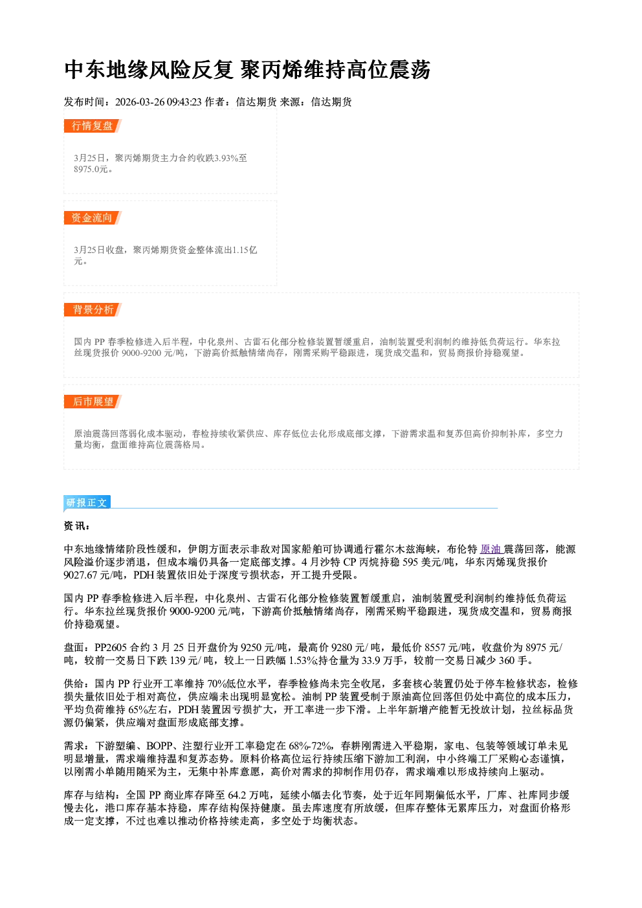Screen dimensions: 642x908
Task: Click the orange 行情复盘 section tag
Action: [x=93, y=126]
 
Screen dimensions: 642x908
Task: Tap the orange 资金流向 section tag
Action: [x=93, y=217]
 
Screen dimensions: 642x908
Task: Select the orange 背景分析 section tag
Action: [x=93, y=310]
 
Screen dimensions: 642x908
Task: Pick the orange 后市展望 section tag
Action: [x=93, y=402]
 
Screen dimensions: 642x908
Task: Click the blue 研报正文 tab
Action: [x=87, y=503]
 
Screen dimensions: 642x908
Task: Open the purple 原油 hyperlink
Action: [x=491, y=549]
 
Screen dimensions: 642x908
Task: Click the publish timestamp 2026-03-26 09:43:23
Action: [x=159, y=102]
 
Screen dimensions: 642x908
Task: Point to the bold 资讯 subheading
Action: [x=76, y=526]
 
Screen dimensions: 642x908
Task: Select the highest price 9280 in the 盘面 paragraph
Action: [x=342, y=648]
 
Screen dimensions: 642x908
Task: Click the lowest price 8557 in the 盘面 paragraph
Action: [x=435, y=648]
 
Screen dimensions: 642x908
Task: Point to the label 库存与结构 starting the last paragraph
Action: [x=89, y=795]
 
